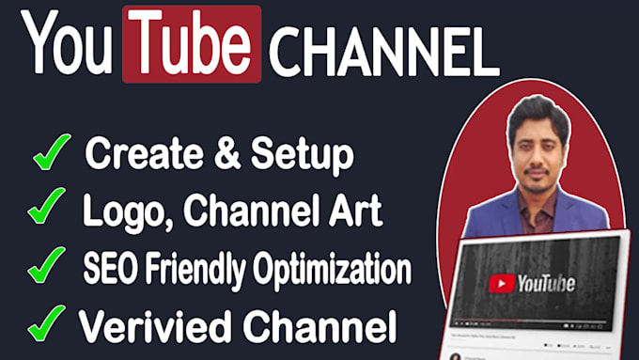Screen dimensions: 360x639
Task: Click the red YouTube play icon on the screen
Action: point(501,283)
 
